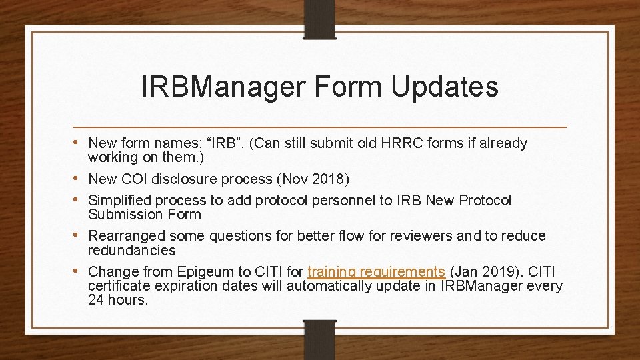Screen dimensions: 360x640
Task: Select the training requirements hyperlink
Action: tap(376, 272)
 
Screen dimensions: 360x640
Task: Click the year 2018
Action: tap(330, 179)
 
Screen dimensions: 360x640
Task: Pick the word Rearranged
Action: tap(127, 236)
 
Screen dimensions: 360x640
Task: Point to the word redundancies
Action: tap(132, 251)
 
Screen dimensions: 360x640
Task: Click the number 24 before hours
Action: tap(97, 300)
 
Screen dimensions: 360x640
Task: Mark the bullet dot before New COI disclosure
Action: tap(79, 179)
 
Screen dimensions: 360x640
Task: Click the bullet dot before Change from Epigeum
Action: tap(79, 271)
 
